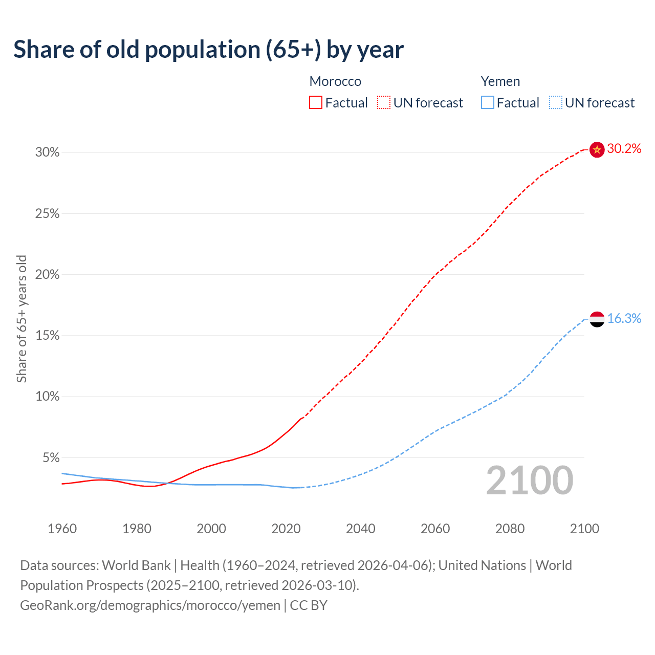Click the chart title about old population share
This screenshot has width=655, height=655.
tap(208, 50)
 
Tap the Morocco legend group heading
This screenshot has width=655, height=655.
tap(335, 81)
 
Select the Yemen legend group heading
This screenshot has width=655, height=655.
tap(500, 81)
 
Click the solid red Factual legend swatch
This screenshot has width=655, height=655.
tap(316, 103)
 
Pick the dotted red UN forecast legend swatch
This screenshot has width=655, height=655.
tap(384, 103)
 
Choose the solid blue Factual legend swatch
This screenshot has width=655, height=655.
tap(488, 103)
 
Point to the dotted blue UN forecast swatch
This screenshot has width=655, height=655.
tap(556, 103)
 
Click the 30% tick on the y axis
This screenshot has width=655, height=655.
tap(48, 152)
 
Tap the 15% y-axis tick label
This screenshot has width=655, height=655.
tap(48, 336)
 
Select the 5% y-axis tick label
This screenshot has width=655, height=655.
tap(51, 457)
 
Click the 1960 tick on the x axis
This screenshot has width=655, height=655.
tap(62, 529)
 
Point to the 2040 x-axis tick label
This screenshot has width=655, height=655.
tap(361, 529)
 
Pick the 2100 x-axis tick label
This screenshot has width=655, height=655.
tap(584, 529)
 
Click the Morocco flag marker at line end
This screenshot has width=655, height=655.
tap(597, 149)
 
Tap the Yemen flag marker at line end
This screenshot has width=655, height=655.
tap(597, 319)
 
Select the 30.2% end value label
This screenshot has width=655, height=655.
tap(624, 149)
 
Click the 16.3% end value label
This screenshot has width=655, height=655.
tap(624, 319)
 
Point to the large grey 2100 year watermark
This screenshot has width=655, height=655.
tap(530, 481)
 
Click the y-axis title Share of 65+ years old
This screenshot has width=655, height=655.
tap(21, 319)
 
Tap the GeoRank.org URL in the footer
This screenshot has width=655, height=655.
tap(150, 605)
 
